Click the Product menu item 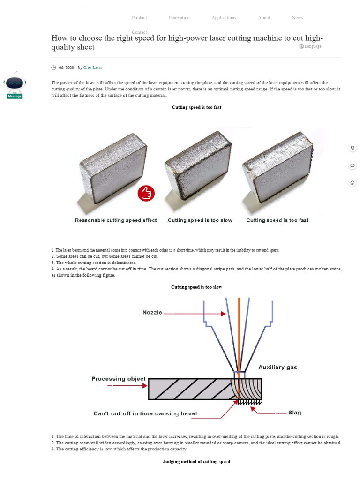click(139, 18)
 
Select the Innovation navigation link click(179, 18)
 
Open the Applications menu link click(224, 18)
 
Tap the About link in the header click(264, 18)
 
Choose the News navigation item click(297, 18)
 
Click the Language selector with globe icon click(310, 46)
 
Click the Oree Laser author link click(92, 68)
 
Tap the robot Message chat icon click(15, 85)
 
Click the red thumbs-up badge click(146, 193)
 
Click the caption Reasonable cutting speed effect click(116, 220)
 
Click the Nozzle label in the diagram click(152, 313)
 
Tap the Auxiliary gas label click(277, 367)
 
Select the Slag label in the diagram click(294, 413)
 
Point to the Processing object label click(119, 379)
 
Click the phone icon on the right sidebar click(352, 148)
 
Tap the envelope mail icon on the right click(352, 165)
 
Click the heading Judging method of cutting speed click(196, 462)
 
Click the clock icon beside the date click(54, 68)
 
